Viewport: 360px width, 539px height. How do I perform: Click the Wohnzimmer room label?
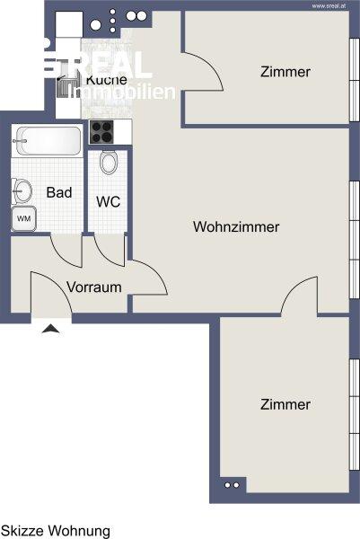click(235, 227)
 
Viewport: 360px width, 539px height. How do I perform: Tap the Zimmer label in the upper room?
click(285, 72)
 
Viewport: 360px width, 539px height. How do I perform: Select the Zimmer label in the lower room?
click(285, 405)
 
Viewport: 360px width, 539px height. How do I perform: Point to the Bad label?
click(59, 193)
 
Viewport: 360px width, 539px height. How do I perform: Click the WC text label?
click(110, 202)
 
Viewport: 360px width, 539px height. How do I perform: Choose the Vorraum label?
click(94, 287)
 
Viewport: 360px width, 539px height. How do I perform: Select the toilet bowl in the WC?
click(109, 163)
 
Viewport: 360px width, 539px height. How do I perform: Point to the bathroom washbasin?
click(22, 190)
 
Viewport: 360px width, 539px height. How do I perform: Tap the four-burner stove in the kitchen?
click(102, 133)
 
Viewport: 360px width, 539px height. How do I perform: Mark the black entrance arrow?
click(52, 329)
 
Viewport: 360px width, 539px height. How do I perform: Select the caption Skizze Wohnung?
click(55, 531)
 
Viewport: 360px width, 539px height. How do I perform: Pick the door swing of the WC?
click(110, 251)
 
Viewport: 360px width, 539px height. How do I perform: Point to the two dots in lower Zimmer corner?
click(232, 486)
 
